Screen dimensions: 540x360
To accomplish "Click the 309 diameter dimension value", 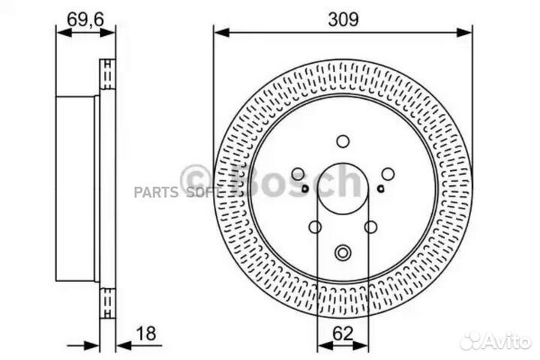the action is click(x=343, y=19).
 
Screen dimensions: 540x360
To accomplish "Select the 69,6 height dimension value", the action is click(x=85, y=19).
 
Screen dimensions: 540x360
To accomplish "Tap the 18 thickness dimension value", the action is click(x=146, y=334).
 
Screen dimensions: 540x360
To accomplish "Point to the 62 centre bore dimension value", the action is click(x=343, y=334).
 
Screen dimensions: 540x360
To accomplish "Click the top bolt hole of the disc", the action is click(x=343, y=141).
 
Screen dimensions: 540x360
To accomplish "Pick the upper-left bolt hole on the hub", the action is click(x=298, y=174).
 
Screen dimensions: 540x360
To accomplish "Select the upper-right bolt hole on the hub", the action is click(x=388, y=174).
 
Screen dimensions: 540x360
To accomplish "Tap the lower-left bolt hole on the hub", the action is click(x=315, y=227).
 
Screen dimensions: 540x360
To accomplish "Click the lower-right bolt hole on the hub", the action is click(x=370, y=227).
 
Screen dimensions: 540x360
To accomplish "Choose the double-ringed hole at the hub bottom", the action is click(x=343, y=253).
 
